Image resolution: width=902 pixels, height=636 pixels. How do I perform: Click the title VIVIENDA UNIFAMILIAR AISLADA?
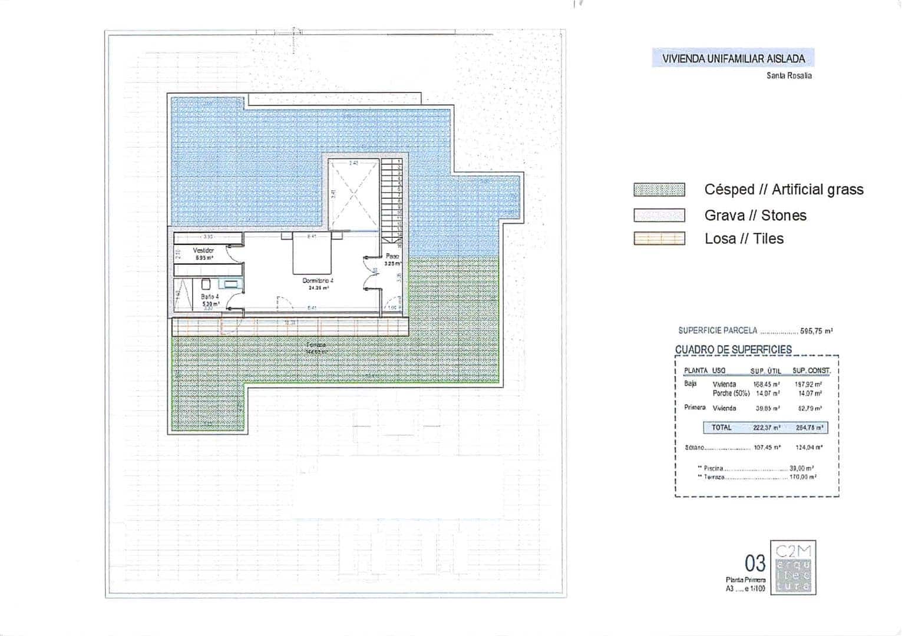(733, 58)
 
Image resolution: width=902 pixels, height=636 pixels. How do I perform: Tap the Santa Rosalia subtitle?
(789, 75)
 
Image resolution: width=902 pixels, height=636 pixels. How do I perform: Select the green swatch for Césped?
(659, 190)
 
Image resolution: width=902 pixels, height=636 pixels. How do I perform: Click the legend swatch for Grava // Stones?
(659, 216)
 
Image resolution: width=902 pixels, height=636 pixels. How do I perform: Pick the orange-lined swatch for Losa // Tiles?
(659, 238)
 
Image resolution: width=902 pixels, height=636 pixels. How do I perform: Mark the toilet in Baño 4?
(206, 284)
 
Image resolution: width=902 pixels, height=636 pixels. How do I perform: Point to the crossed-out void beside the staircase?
(353, 194)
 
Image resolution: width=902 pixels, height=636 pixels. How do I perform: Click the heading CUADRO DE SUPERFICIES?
(733, 349)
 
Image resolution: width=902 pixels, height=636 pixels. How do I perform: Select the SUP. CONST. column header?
(811, 370)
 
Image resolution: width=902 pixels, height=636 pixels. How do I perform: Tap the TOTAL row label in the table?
(721, 428)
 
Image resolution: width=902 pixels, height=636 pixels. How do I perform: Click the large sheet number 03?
(755, 564)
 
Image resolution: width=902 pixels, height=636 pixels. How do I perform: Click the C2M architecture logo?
(793, 568)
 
